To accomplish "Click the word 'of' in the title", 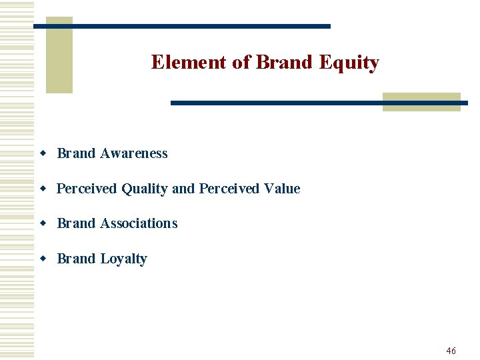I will point(241,62).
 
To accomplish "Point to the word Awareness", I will point(133,153).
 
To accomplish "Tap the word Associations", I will point(139,223).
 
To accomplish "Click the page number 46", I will point(451,351).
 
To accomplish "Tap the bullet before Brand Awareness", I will point(43,154).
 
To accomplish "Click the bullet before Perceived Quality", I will point(43,189).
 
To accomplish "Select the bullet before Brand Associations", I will point(43,224).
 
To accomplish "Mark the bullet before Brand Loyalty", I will point(43,259).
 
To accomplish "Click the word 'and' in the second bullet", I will point(183,189).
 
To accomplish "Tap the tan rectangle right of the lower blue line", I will point(421,101).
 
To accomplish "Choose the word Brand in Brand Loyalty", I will point(76,259).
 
